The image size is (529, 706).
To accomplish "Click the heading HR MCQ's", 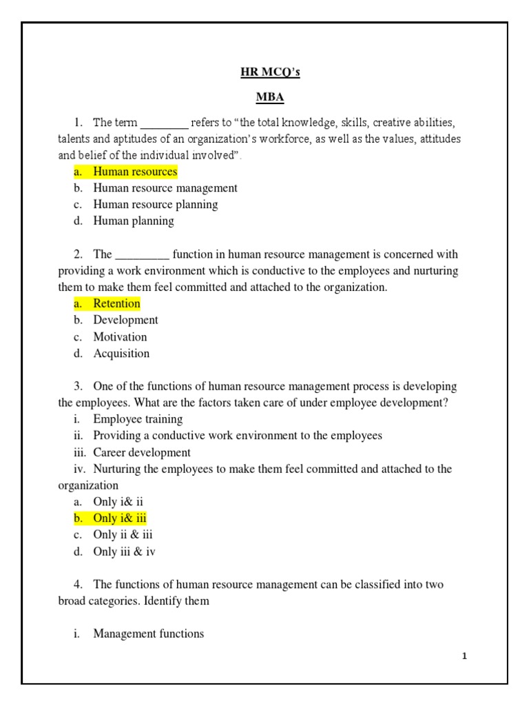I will pos(265,73).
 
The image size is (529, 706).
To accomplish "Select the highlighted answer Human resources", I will pos(135,172).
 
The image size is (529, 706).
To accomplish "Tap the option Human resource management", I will pos(165,188).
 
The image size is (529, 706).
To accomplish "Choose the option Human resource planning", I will pos(156,204).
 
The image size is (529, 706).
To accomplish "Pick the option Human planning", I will pos(134,221).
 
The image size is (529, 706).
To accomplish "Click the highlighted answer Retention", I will pos(116,303).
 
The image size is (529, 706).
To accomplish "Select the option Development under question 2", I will pos(125,320).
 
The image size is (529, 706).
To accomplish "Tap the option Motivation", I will pos(120,336).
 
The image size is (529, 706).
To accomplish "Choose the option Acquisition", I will pos(121,353).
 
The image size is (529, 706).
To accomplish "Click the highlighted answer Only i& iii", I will pos(120,518).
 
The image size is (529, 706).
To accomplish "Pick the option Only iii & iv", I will pos(129,551).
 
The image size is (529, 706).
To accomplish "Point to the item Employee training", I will pos(138,419).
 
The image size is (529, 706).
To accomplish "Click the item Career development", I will pos(142,452).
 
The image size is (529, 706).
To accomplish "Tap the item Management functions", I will pos(149,633).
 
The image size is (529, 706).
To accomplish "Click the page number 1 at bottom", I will pos(465,656).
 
